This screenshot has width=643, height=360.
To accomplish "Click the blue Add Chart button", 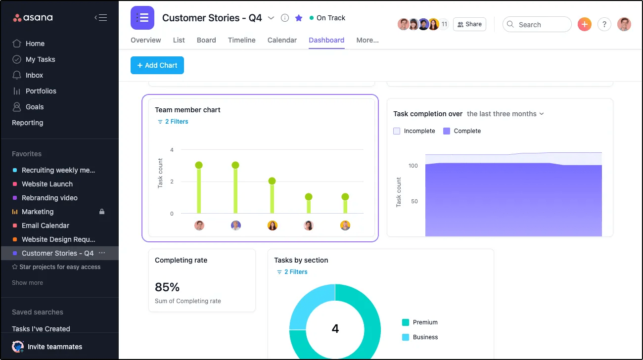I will [157, 65].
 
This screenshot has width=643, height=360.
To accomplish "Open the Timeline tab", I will [241, 40].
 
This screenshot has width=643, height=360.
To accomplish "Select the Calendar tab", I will [282, 40].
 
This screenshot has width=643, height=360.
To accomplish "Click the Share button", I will [469, 24].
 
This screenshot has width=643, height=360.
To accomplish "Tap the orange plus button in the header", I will [585, 24].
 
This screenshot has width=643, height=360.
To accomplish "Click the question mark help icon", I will [604, 24].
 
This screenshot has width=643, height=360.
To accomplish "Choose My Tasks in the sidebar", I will [40, 59].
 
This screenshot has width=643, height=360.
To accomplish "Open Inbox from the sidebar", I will [34, 75].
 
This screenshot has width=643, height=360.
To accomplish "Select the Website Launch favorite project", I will [47, 184].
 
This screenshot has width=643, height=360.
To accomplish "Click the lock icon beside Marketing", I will [102, 212].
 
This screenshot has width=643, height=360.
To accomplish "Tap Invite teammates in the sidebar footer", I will [54, 347].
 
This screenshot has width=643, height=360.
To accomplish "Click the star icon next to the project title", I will [299, 18].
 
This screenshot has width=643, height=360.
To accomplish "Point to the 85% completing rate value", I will [167, 287].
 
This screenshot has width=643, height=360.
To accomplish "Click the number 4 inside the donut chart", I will [335, 328].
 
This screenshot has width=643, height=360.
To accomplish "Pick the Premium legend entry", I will [425, 322].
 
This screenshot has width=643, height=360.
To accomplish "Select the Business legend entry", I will [425, 337].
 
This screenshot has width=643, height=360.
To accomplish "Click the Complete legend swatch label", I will [466, 131].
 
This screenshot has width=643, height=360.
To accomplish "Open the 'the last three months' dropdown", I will [505, 114].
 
